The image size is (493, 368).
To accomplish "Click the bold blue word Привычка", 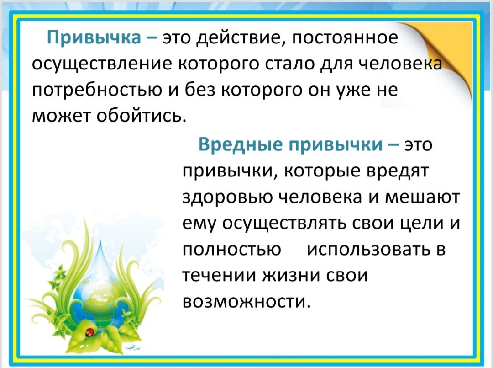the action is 94,38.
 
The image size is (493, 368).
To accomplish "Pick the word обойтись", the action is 139,117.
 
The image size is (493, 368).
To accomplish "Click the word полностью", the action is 232,250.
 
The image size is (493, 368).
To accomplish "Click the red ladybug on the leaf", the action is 90,331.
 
